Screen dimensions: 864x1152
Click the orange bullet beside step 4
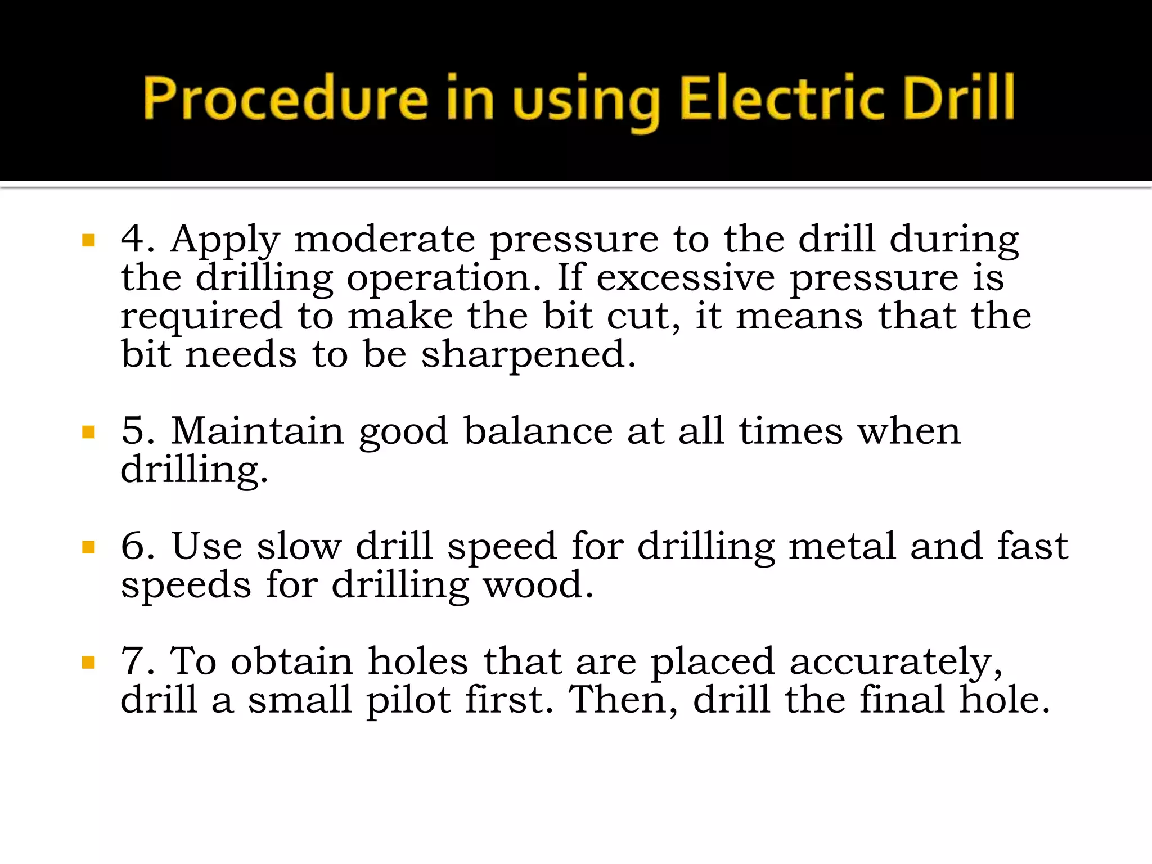[88, 241]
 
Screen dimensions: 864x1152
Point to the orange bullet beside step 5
[88, 433]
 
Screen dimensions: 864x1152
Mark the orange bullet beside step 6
[88, 547]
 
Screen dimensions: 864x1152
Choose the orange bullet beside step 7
[88, 663]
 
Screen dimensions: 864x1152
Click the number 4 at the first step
[133, 238]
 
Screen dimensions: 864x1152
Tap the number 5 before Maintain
[133, 431]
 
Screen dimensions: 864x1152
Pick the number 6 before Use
[133, 546]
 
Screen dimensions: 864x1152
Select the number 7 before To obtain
[133, 661]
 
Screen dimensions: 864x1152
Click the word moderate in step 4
[385, 240]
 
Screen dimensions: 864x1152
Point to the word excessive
[686, 278]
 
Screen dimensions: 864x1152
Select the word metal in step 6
[842, 546]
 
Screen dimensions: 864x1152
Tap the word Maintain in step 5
[258, 431]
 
